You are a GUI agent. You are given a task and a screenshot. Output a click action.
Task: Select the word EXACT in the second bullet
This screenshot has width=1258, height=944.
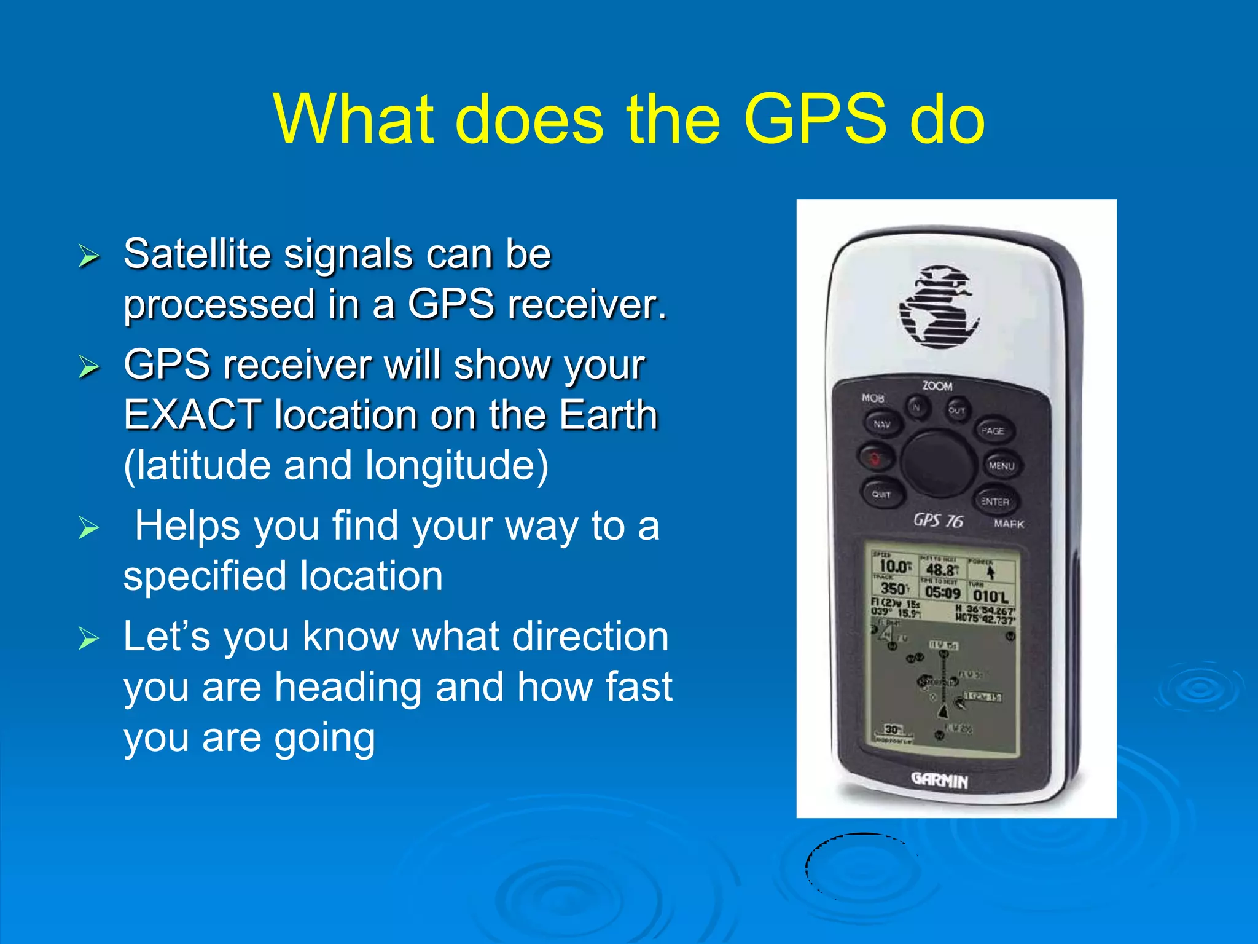(x=192, y=415)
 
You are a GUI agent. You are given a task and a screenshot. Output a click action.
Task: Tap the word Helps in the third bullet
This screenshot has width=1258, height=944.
(x=187, y=526)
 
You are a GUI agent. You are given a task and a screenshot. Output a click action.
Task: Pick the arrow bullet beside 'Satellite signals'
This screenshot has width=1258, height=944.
(x=88, y=256)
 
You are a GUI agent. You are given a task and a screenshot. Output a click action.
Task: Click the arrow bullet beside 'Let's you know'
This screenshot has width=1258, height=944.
(x=88, y=639)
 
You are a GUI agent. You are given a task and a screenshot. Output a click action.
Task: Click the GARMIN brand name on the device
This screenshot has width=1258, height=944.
(x=939, y=781)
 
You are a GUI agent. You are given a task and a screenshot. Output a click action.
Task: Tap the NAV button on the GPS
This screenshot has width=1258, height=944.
(x=882, y=424)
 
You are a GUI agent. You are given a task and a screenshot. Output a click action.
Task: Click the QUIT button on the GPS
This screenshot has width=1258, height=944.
(x=881, y=494)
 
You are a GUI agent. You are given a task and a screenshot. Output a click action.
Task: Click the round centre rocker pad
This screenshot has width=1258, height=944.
(x=937, y=463)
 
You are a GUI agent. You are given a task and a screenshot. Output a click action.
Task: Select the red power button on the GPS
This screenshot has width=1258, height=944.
(x=875, y=458)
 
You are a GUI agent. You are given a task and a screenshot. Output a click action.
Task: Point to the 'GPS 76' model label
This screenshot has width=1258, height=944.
(x=938, y=521)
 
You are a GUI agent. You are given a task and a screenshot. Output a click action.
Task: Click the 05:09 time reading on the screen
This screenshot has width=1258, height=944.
(x=942, y=593)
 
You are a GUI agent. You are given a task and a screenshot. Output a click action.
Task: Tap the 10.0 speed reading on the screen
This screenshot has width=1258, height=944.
(x=893, y=565)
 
